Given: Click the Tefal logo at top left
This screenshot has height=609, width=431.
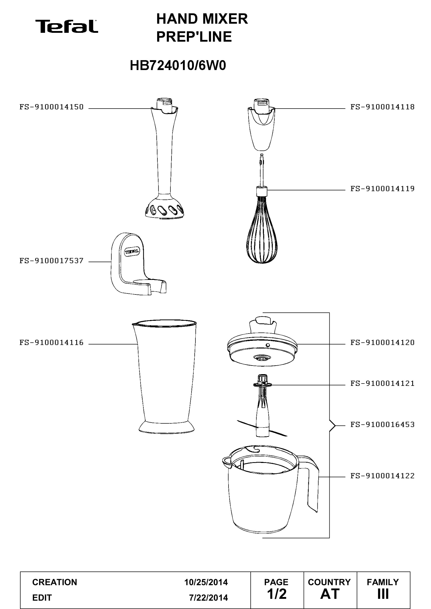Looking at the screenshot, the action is pyautogui.click(x=67, y=26).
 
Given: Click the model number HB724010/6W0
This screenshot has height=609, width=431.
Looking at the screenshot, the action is pyautogui.click(x=178, y=66).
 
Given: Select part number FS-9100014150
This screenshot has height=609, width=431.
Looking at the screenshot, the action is pyautogui.click(x=52, y=107).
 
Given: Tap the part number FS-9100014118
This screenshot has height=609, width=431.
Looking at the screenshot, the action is pyautogui.click(x=383, y=107).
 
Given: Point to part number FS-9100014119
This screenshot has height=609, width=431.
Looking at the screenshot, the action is pyautogui.click(x=383, y=189).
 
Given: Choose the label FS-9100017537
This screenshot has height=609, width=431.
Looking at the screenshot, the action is pyautogui.click(x=52, y=261).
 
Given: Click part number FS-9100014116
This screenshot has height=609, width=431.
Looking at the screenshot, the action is pyautogui.click(x=52, y=342).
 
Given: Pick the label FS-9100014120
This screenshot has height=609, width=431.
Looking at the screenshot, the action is pyautogui.click(x=383, y=342).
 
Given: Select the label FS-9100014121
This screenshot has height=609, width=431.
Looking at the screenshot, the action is pyautogui.click(x=383, y=383).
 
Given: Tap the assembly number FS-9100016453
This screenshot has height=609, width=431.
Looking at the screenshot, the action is pyautogui.click(x=383, y=424).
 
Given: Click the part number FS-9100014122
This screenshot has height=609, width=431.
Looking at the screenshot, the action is pyautogui.click(x=383, y=476).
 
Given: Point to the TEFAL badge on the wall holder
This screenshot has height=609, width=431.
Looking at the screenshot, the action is pyautogui.click(x=132, y=251).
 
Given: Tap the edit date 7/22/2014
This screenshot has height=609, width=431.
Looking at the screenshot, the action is pyautogui.click(x=208, y=598).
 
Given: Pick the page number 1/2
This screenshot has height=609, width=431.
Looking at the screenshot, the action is pyautogui.click(x=277, y=594).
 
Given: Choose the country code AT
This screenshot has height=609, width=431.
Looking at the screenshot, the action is pyautogui.click(x=330, y=594).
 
